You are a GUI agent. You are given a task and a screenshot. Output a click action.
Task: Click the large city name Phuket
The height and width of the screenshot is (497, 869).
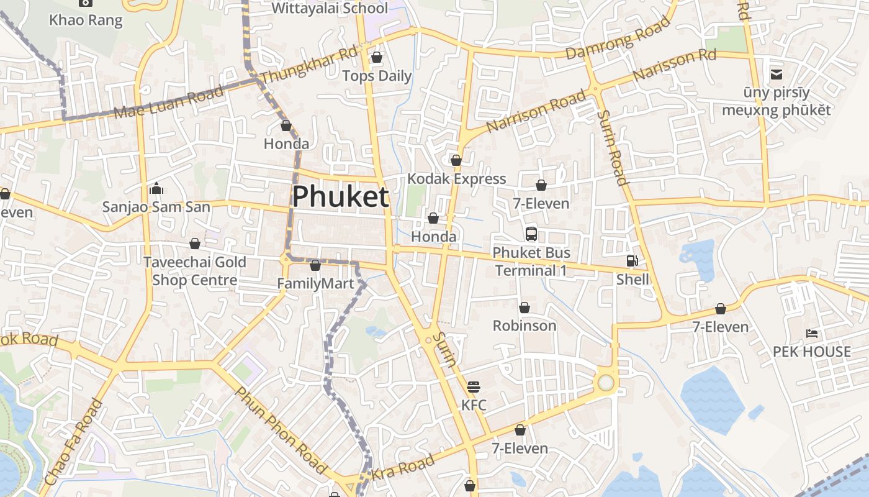(x=341, y=197)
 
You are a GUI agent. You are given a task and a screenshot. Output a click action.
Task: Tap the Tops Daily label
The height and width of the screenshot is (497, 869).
(x=377, y=76)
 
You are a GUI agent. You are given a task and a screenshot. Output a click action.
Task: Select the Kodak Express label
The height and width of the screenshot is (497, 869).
(x=457, y=179)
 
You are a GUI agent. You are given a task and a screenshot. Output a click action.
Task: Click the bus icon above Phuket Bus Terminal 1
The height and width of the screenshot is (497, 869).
(x=531, y=234)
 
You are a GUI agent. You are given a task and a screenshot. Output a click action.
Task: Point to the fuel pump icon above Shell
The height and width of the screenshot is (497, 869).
(x=632, y=261)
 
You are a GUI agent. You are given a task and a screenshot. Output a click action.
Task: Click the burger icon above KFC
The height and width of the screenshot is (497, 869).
(x=474, y=387)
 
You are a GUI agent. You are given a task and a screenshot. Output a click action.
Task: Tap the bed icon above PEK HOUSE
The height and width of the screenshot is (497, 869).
(x=811, y=333)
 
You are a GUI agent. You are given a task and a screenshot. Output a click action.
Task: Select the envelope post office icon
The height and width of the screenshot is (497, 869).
(x=777, y=75)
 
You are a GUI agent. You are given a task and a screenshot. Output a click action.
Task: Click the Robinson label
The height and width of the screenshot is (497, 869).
(x=525, y=326)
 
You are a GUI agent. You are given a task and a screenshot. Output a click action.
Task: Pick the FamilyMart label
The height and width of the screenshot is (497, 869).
(x=315, y=284)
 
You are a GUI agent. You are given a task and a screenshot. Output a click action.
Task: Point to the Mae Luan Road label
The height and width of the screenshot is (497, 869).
(x=168, y=103)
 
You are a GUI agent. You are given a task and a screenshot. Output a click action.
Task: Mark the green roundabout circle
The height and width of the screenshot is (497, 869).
(x=606, y=383)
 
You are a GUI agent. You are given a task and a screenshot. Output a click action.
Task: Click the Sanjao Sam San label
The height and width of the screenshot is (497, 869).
(x=156, y=207)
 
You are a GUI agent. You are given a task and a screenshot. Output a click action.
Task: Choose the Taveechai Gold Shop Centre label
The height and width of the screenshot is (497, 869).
(x=195, y=271)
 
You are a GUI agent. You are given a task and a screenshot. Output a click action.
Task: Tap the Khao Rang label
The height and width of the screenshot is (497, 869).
(x=86, y=20)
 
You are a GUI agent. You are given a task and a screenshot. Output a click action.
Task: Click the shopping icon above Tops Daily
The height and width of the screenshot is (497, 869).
(x=377, y=58)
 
